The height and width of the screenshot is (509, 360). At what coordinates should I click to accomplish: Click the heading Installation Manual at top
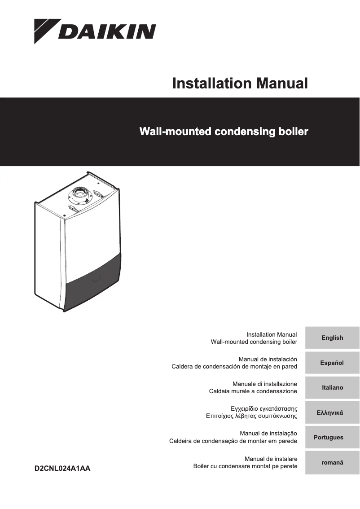click(x=240, y=83)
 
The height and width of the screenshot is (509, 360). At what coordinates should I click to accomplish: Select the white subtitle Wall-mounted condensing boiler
click(x=224, y=132)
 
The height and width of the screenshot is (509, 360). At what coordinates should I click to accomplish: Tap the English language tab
click(x=332, y=338)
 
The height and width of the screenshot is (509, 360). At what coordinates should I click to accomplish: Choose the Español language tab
click(x=332, y=363)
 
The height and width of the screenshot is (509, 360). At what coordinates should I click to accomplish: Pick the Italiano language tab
click(x=332, y=387)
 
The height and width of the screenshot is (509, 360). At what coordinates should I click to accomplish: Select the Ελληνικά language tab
click(x=332, y=412)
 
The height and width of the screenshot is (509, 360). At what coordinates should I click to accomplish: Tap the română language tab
click(x=332, y=462)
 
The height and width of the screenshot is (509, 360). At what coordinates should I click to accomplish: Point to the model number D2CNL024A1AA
click(x=62, y=469)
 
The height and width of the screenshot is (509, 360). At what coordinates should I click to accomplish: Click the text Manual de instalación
click(x=268, y=360)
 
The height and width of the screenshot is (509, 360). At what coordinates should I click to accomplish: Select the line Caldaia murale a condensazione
click(x=253, y=391)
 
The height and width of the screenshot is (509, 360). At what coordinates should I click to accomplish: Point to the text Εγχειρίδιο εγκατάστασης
click(x=263, y=409)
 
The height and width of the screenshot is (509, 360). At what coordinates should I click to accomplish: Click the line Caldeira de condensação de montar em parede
click(x=233, y=441)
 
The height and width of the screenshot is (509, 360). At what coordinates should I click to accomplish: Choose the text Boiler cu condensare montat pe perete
click(x=245, y=466)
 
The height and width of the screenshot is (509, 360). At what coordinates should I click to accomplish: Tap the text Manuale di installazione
click(x=264, y=384)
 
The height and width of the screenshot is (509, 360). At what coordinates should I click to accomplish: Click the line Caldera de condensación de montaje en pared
click(x=234, y=367)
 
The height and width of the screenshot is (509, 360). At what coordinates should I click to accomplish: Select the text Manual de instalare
click(x=271, y=459)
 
